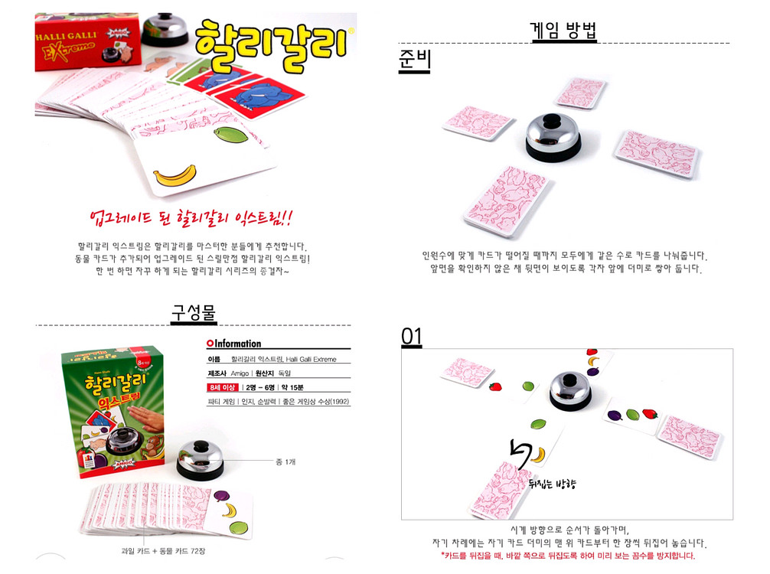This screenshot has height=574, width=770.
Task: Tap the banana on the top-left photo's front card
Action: (x=175, y=178)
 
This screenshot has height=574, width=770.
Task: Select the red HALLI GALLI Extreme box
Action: (x=77, y=41)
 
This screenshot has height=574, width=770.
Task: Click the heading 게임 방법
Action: (x=563, y=31)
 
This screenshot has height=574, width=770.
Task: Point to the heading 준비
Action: (x=415, y=61)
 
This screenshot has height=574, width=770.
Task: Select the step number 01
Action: (x=412, y=337)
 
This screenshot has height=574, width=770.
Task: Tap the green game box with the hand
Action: (x=113, y=410)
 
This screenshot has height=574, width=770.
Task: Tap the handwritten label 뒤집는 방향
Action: (x=552, y=484)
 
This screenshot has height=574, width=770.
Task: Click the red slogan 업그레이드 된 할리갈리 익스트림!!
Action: (x=191, y=218)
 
